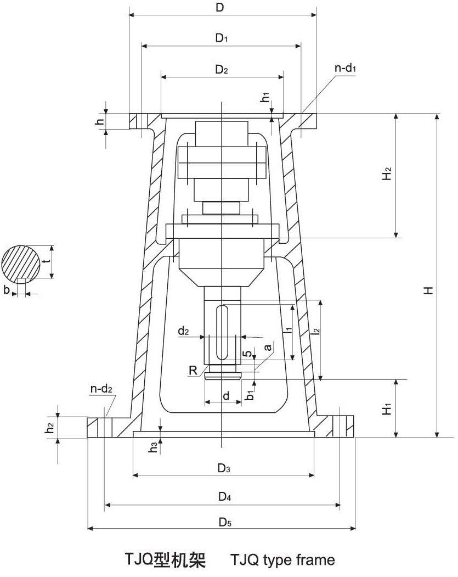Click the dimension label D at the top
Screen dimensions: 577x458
point(221,8)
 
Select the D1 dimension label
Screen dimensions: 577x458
point(221,38)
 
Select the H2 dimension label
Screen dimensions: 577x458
point(387,175)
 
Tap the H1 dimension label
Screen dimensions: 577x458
point(387,409)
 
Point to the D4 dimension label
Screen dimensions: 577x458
point(223,497)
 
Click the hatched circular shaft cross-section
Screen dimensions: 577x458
point(21,262)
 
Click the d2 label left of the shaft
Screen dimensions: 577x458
point(183,331)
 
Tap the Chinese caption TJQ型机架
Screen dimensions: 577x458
point(165,560)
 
